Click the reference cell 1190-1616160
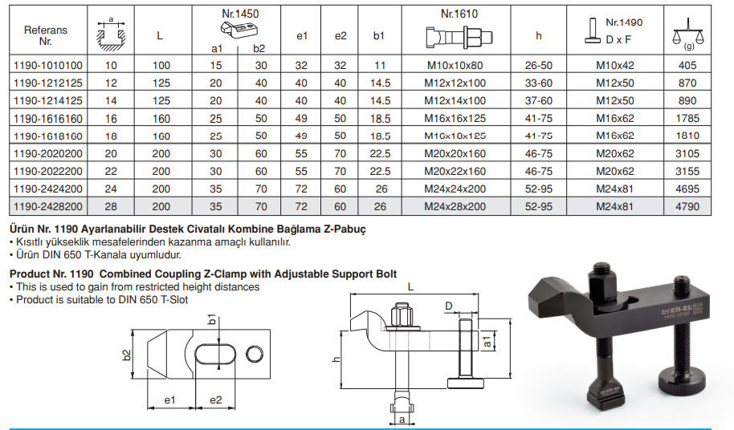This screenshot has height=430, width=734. [47, 119]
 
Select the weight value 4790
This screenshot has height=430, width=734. [687, 207]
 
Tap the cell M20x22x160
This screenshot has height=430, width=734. [455, 172]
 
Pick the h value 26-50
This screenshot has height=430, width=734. [538, 66]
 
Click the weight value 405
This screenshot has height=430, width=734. [687, 66]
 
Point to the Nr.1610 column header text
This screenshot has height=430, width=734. [459, 14]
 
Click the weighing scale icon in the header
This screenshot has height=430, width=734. [687, 34]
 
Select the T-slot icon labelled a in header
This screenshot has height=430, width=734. [111, 34]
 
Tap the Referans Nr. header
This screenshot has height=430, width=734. [46, 35]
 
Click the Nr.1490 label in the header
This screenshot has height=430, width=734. [624, 22]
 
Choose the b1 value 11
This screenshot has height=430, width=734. [380, 66]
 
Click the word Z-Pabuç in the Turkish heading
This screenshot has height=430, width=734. [345, 229]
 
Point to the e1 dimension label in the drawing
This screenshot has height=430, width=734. [169, 400]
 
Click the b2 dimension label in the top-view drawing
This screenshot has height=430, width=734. [126, 355]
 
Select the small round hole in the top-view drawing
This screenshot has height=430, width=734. [255, 355]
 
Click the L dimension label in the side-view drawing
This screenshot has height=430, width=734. [410, 286]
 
